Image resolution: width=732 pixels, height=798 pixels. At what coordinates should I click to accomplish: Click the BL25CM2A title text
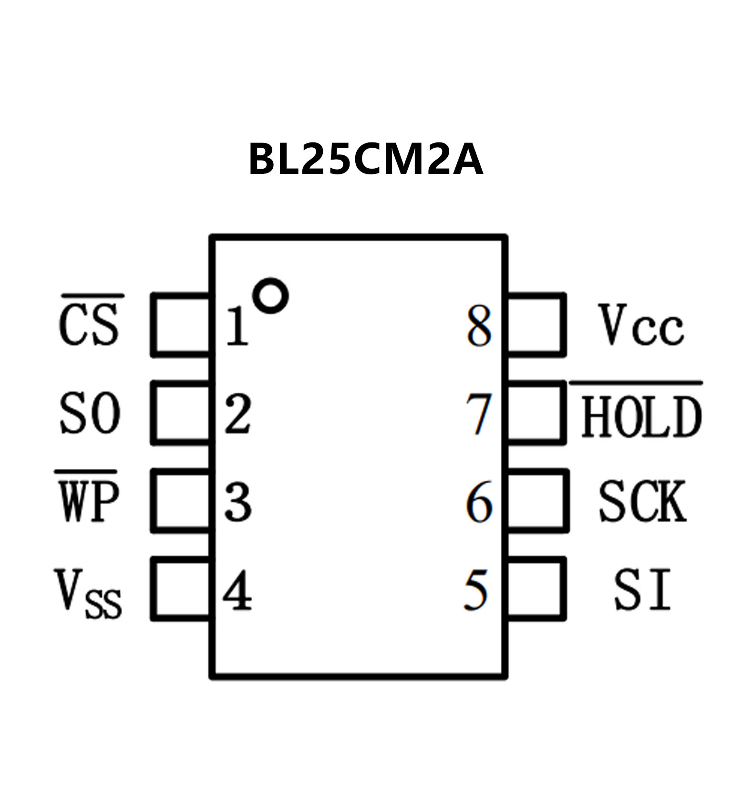click(x=366, y=160)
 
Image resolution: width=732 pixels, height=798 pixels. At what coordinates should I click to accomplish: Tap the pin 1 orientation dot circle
click(x=270, y=295)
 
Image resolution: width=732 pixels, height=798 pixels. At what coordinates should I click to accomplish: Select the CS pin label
click(x=89, y=325)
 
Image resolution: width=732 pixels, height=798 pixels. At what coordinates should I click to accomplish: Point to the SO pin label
click(x=90, y=414)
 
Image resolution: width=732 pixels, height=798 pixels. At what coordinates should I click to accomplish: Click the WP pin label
click(x=88, y=501)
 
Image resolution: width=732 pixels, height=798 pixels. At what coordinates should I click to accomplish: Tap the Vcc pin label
click(x=641, y=325)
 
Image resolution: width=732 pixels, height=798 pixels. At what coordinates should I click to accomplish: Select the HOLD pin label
click(x=641, y=417)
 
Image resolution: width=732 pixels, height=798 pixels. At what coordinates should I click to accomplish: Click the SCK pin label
click(x=642, y=501)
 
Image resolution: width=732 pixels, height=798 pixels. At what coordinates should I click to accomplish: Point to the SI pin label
click(x=642, y=590)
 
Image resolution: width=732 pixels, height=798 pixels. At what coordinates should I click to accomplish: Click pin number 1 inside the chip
click(x=237, y=327)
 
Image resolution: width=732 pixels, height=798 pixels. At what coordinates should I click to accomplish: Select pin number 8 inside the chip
click(x=479, y=326)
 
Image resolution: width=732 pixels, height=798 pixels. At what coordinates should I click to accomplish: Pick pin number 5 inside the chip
click(x=477, y=590)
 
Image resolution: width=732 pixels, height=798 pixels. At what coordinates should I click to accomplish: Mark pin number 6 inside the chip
click(x=479, y=501)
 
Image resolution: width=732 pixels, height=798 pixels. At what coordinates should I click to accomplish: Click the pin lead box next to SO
click(x=181, y=414)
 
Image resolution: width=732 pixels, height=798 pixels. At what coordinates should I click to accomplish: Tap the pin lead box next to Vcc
click(x=536, y=325)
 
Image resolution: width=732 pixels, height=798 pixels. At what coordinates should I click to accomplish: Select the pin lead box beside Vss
click(x=181, y=589)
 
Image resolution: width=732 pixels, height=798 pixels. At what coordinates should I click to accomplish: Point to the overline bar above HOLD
click(x=636, y=383)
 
